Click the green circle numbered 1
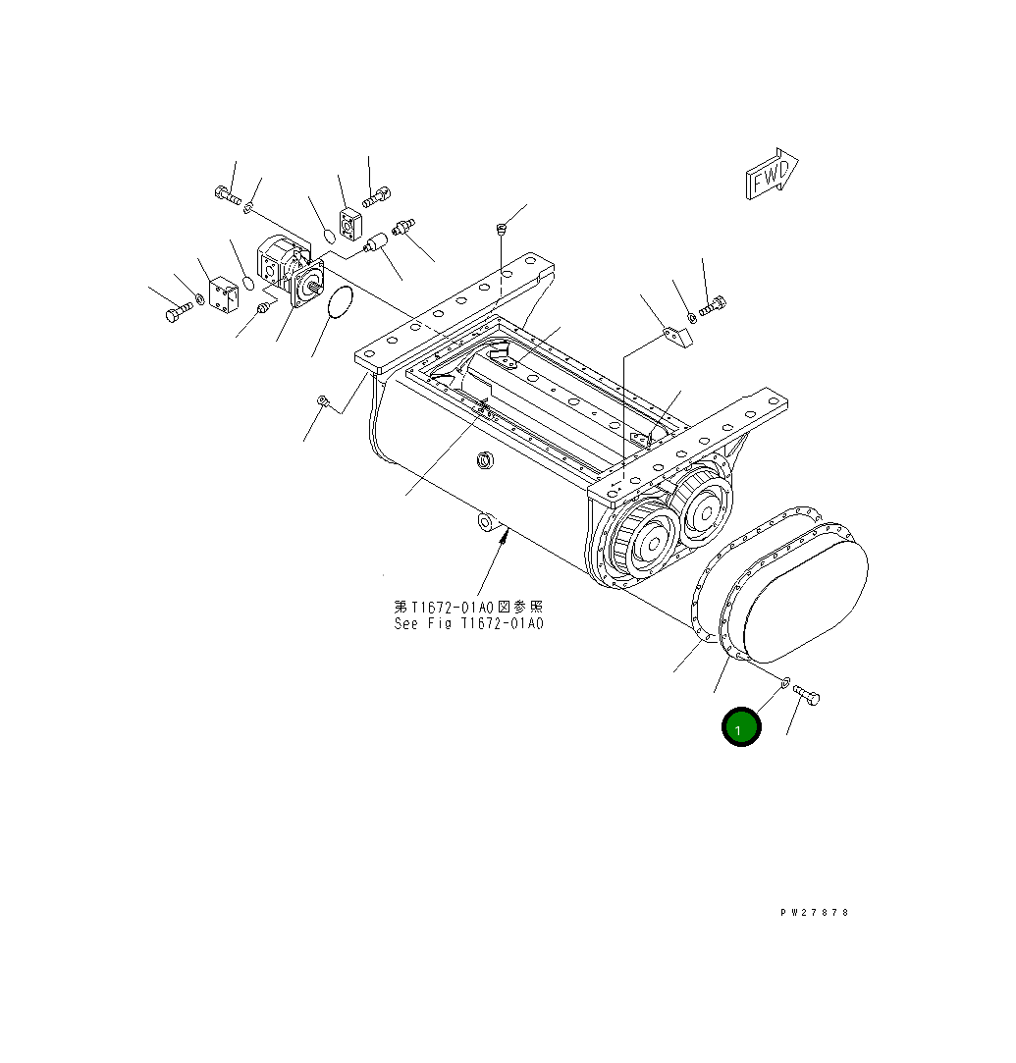(741, 727)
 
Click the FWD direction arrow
(772, 176)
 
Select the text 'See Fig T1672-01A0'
(468, 624)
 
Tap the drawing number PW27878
(815, 912)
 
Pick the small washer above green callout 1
(785, 681)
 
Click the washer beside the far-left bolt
(200, 298)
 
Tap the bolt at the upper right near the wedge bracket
(712, 307)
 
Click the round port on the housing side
(483, 459)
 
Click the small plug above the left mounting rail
(500, 231)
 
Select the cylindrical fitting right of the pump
(374, 241)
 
